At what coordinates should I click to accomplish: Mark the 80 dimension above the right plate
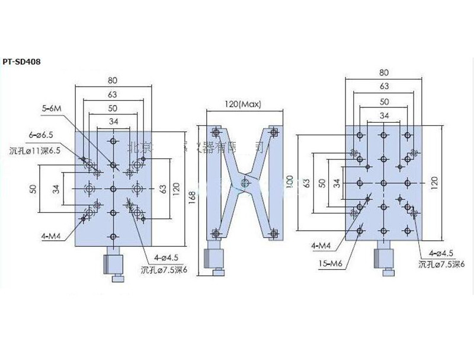(x=383, y=73)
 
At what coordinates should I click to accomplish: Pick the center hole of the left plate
(x=113, y=188)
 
